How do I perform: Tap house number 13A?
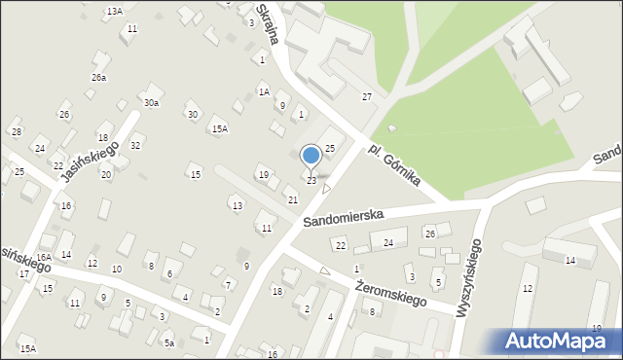tap(115, 11)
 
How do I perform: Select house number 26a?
tap(99, 77)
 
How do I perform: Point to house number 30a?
tap(151, 102)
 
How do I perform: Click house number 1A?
tap(263, 91)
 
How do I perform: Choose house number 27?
tap(367, 96)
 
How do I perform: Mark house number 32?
tap(136, 145)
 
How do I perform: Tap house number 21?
tap(292, 199)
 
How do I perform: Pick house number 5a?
tap(168, 342)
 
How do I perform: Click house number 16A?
tap(44, 257)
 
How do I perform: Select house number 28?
tap(16, 131)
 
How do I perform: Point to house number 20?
tap(106, 174)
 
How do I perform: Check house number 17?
tap(23, 273)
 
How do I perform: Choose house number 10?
tap(117, 269)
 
